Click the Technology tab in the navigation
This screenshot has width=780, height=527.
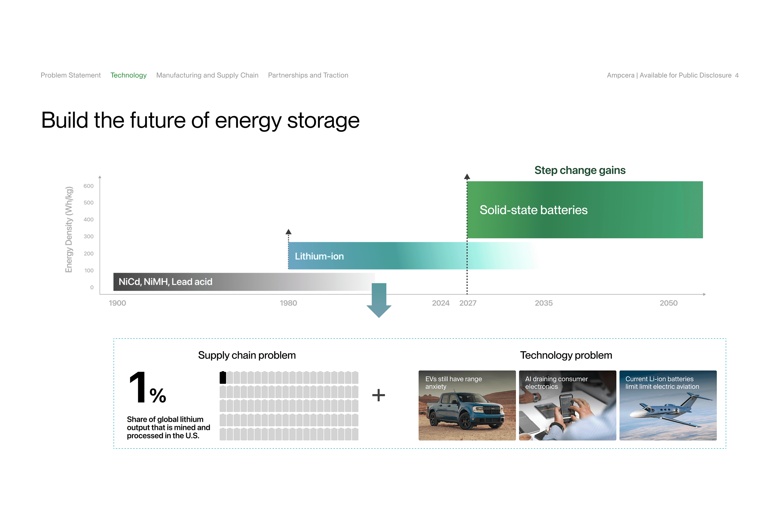[x=128, y=75]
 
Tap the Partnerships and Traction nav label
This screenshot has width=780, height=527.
[x=308, y=75]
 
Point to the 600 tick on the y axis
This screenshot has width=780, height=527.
[x=89, y=186]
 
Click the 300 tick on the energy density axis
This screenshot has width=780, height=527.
[x=89, y=236]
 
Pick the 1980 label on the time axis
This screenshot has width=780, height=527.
[x=288, y=303]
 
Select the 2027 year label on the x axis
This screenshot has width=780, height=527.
[x=468, y=303]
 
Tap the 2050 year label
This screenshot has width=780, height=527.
[x=669, y=303]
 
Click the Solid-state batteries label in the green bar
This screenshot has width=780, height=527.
[x=533, y=210]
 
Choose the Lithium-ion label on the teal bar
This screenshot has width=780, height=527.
[x=319, y=256]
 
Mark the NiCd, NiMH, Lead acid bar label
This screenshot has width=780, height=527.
[x=166, y=282]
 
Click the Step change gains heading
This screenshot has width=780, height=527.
[x=580, y=170]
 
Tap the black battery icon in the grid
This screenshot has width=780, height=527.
[x=223, y=377]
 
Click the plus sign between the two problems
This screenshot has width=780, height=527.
[x=379, y=395]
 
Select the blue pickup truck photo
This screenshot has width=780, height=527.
[x=467, y=405]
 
